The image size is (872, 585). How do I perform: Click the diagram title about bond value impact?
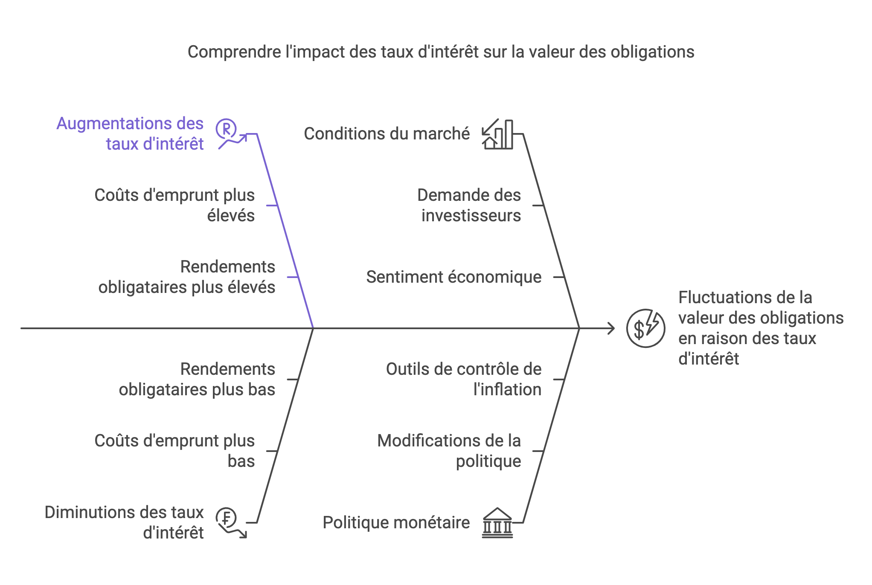coord(441,52)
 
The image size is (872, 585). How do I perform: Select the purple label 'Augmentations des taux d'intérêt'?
coord(130,133)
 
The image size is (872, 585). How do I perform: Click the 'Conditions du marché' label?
coord(387,134)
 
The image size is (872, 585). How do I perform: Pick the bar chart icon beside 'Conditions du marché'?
coord(497,134)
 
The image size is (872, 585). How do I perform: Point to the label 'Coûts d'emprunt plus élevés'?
coord(174,205)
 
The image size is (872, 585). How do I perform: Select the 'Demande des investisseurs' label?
coord(469,205)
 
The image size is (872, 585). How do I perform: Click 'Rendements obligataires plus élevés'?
coord(186,277)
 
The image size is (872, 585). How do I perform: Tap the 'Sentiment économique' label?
coord(453,277)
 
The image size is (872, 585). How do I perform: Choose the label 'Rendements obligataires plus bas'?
coord(197,379)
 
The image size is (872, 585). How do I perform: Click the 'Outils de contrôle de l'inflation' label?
coord(463,379)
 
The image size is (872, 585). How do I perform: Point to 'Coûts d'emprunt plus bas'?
coord(174,451)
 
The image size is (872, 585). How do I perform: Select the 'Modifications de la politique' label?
coord(449,451)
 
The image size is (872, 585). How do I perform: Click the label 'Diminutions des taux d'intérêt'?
coord(124,522)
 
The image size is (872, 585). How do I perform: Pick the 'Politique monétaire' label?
coord(396,523)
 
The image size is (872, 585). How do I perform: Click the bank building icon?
coord(497,523)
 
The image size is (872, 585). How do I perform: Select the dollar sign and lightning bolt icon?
coord(645,328)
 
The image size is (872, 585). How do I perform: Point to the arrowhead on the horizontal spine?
coord(611,328)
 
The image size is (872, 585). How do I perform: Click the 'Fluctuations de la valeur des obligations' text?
coord(761,328)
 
